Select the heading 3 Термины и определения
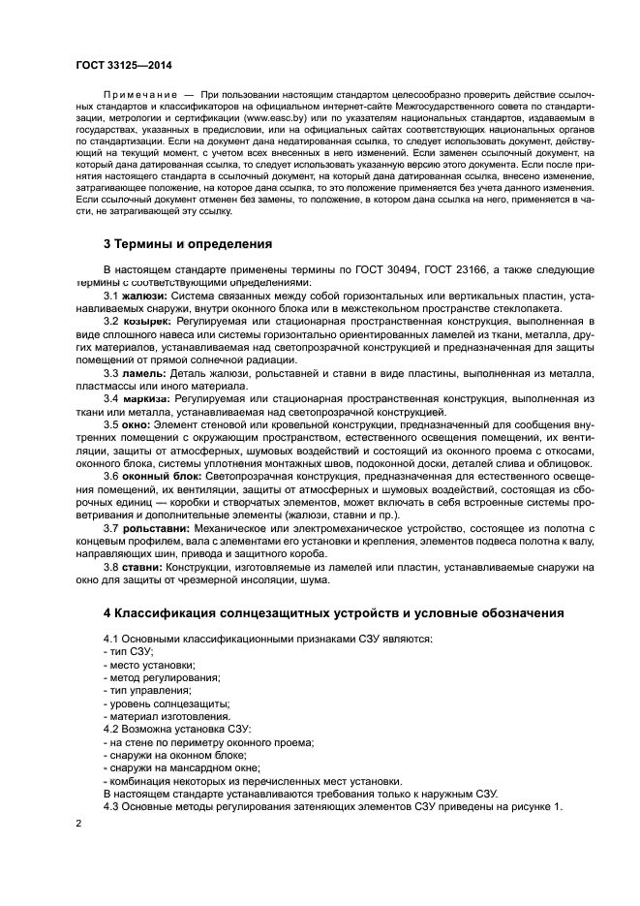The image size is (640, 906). [x=188, y=242]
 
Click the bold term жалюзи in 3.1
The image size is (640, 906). [x=144, y=295]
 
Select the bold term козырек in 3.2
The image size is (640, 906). [x=145, y=321]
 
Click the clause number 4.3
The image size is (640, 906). [x=112, y=806]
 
